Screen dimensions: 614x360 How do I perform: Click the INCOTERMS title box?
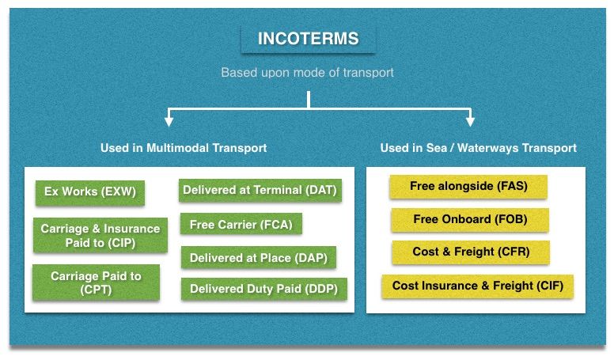pyautogui.click(x=309, y=39)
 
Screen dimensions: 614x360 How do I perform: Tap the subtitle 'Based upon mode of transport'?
pyautogui.click(x=307, y=73)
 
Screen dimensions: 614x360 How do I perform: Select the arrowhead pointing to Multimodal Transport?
pyautogui.click(x=169, y=121)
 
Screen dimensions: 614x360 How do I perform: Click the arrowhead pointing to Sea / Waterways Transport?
pyautogui.click(x=470, y=121)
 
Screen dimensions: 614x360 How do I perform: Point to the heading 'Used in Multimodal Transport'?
pyautogui.click(x=184, y=148)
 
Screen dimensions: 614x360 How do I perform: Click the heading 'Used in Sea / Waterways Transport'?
pyautogui.click(x=479, y=148)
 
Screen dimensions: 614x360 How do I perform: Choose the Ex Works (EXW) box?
pyautogui.click(x=90, y=192)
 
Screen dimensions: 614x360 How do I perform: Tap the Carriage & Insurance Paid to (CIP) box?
pyautogui.click(x=100, y=235)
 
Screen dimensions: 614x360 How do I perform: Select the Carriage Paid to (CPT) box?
pyautogui.click(x=97, y=282)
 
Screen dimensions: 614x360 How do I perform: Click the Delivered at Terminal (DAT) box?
pyautogui.click(x=260, y=191)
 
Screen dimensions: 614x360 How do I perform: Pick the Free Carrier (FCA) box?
pyautogui.click(x=241, y=224)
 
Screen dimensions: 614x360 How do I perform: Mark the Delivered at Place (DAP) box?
pyautogui.click(x=259, y=257)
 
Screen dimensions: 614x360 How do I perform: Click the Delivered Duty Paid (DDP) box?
pyautogui.click(x=264, y=289)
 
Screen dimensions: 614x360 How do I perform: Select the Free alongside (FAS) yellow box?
pyautogui.click(x=468, y=187)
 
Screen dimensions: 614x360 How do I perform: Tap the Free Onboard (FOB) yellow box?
pyautogui.click(x=470, y=219)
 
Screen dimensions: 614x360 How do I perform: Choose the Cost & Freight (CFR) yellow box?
pyautogui.click(x=471, y=252)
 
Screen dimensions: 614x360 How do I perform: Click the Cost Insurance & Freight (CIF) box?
pyautogui.click(x=478, y=286)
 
